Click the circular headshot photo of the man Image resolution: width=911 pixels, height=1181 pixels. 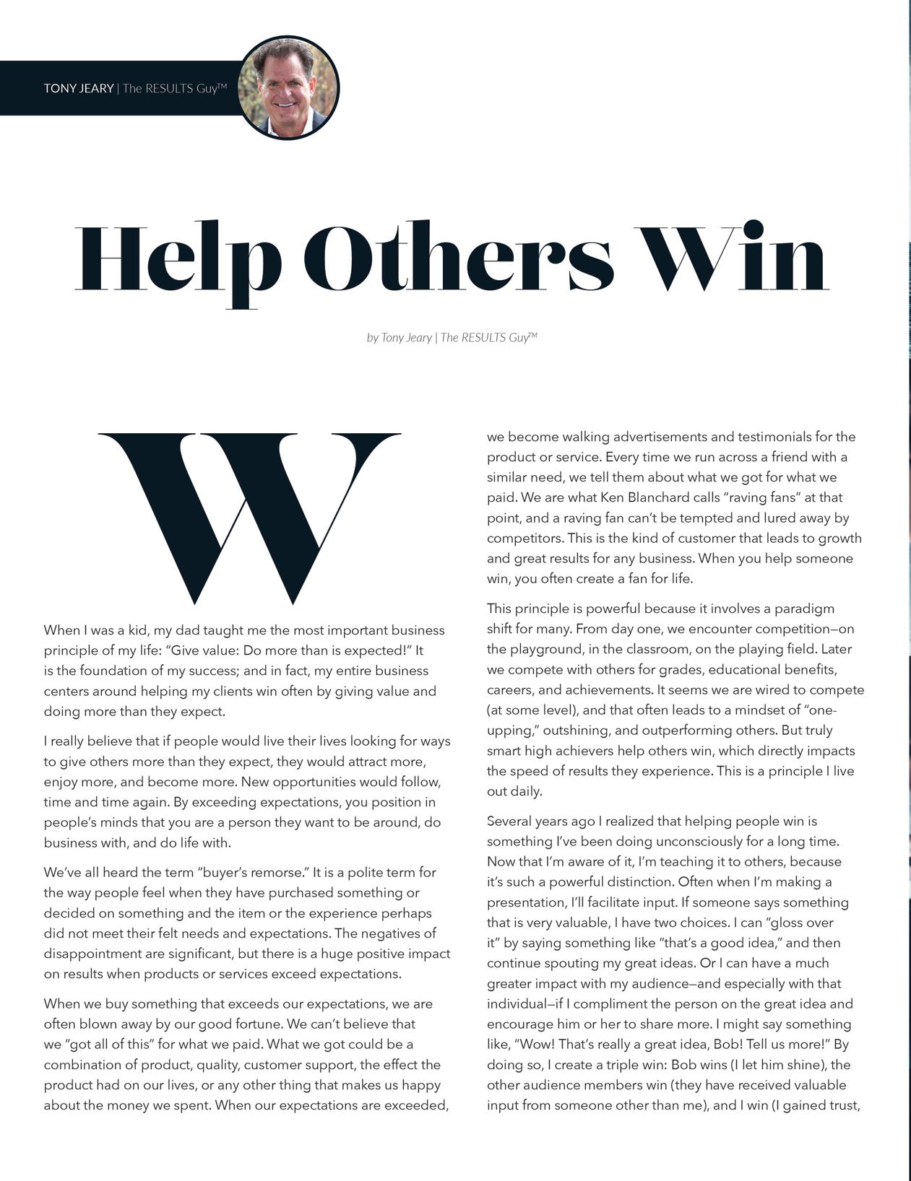coord(288,87)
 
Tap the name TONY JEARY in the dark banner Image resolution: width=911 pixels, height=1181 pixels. coord(78,89)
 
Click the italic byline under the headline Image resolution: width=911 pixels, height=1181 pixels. coord(452,337)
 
